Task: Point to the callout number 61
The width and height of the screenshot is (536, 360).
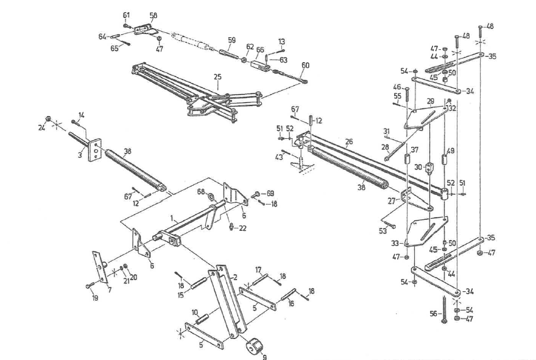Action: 126,15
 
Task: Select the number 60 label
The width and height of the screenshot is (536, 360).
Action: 305,65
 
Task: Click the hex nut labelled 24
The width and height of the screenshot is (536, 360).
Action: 48,119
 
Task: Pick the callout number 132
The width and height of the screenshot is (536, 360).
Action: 451,107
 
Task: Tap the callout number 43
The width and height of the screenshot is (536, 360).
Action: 279,157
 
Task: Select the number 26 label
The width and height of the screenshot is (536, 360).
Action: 348,141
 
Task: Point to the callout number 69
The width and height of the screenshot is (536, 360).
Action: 270,193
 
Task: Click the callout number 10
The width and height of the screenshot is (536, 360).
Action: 194,312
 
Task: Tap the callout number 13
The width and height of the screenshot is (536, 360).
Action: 281,41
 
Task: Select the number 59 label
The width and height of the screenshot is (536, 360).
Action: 231,40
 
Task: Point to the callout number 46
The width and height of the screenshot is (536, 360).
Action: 397,87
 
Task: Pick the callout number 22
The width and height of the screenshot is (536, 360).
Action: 242,228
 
